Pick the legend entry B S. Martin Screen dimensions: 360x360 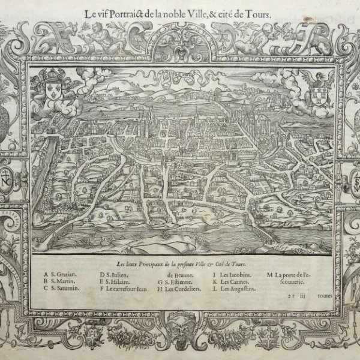tap(59, 282)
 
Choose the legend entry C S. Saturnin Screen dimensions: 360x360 tap(62, 289)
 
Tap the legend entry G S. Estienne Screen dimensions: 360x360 tap(175, 282)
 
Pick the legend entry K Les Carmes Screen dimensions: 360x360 tap(230, 282)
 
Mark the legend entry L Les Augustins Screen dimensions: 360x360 tap(234, 289)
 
